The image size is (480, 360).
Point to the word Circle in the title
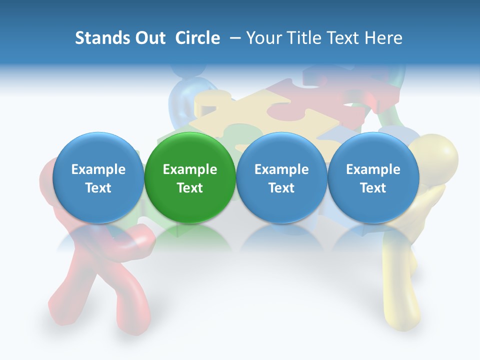point(197,38)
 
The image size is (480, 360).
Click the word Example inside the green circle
point(190,169)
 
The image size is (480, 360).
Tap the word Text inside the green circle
point(190,188)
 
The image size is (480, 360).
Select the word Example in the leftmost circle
point(98,169)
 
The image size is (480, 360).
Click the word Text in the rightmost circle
point(373,188)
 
